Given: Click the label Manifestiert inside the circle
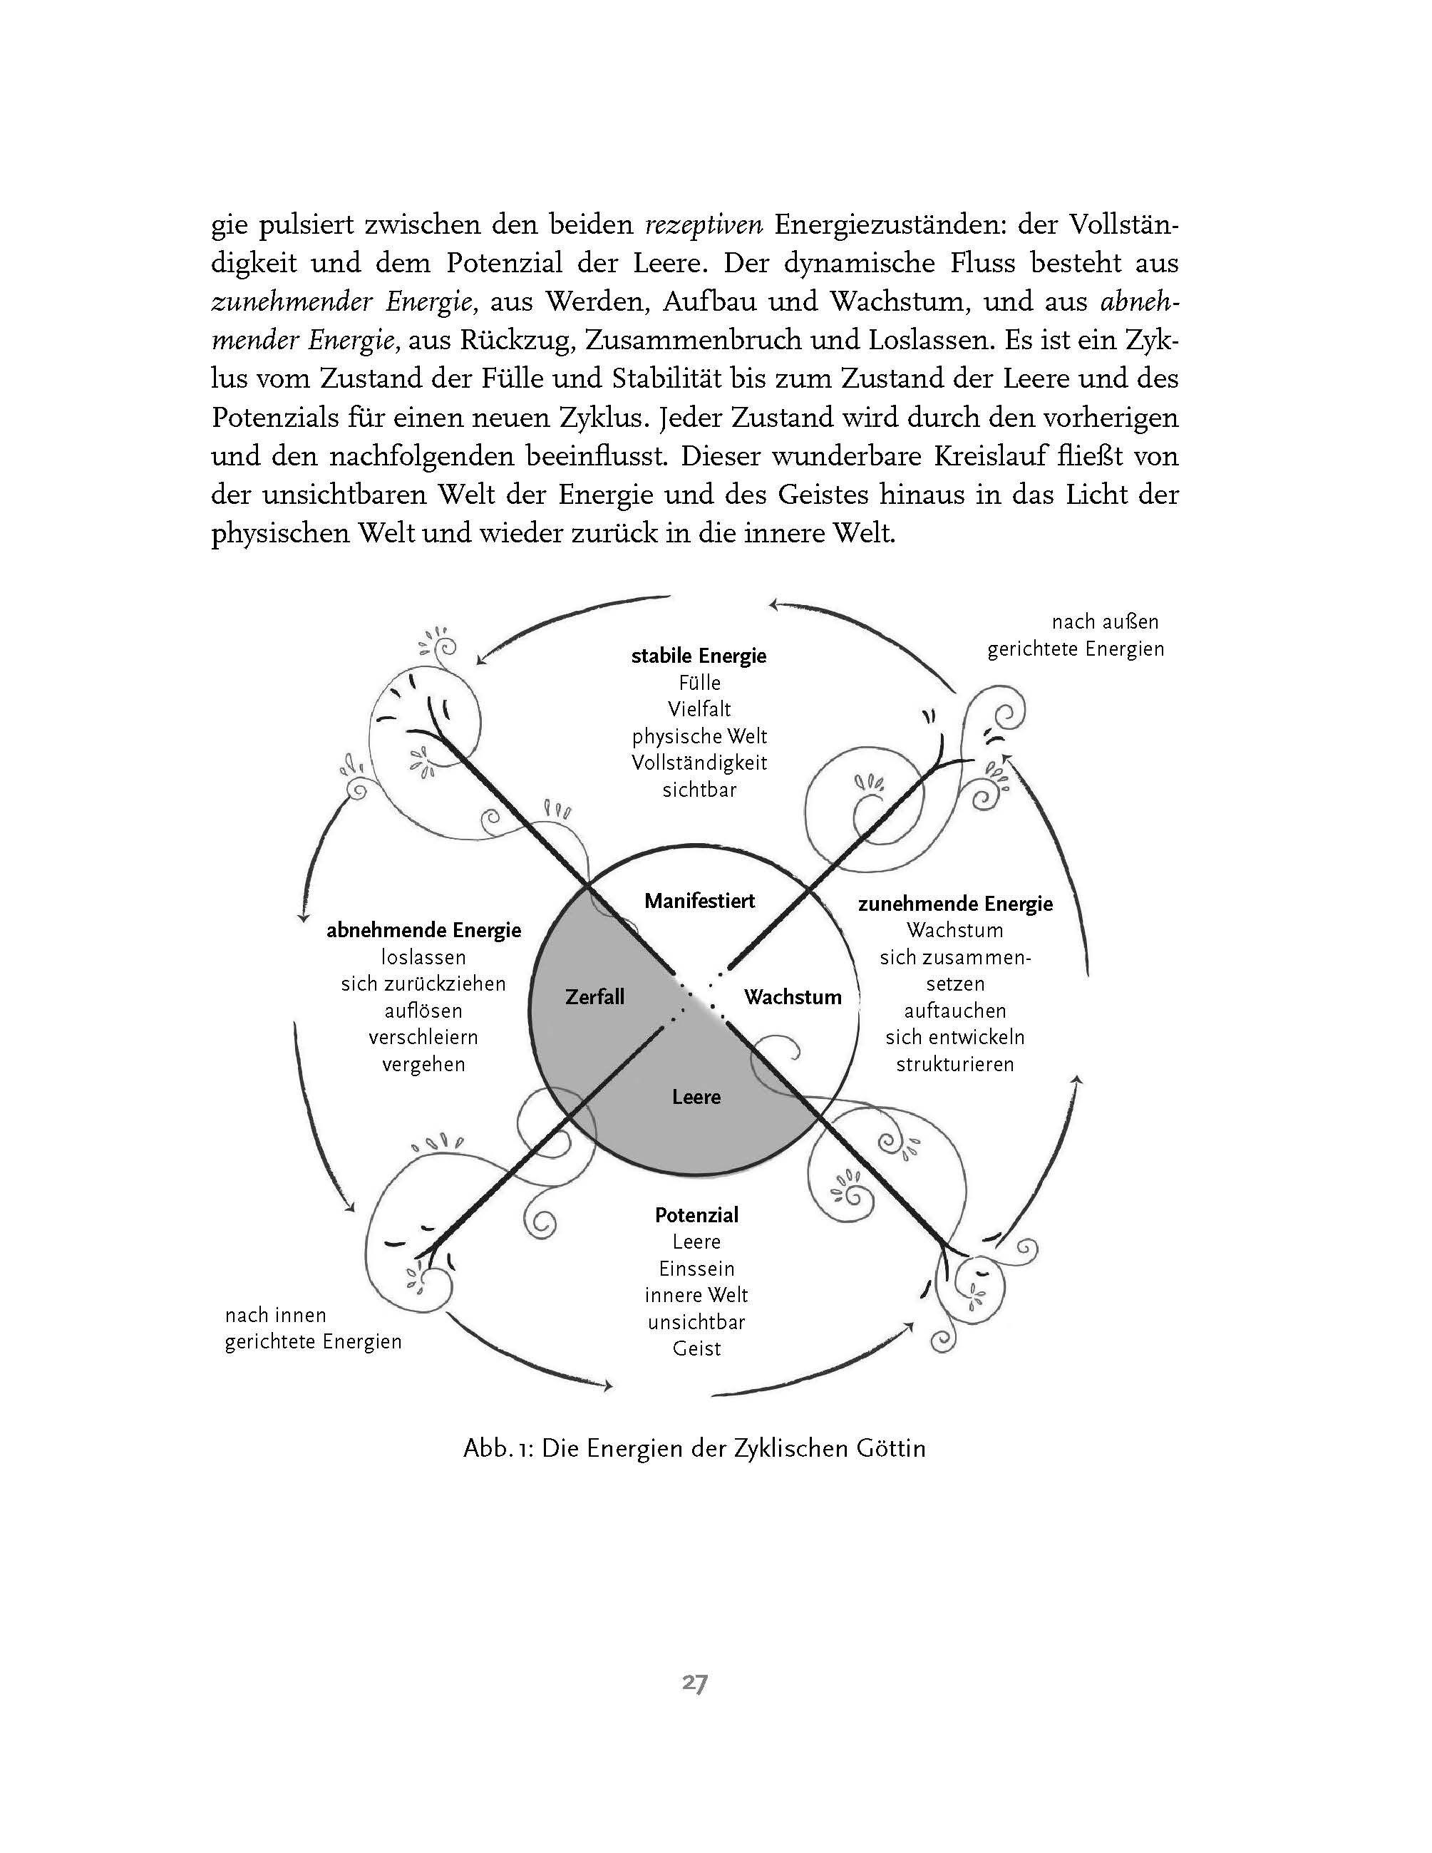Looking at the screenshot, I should [x=699, y=901].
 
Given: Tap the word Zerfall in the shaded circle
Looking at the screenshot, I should [x=594, y=997].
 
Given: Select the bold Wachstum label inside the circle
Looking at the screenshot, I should [x=793, y=997].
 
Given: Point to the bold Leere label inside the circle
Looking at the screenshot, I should [x=696, y=1097].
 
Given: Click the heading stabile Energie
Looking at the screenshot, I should [x=699, y=656].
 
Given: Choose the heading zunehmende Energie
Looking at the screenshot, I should [x=955, y=904].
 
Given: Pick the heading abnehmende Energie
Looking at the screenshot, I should [x=423, y=931].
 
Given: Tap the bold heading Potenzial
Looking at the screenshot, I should [x=696, y=1215].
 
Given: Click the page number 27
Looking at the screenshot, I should [x=695, y=1683].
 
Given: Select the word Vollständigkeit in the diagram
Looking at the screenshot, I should [x=699, y=763].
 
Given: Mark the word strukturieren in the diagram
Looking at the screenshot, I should [x=955, y=1064].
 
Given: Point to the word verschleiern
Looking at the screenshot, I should [x=423, y=1038].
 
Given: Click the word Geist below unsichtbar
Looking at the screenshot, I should [x=696, y=1348].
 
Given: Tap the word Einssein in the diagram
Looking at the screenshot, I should [x=696, y=1269].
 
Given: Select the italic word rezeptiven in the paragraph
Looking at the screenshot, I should [x=704, y=226].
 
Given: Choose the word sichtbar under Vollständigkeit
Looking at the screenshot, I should [x=699, y=790].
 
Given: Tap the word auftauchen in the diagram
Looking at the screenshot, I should [x=955, y=1011].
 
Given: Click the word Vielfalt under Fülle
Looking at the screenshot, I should [x=699, y=709].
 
